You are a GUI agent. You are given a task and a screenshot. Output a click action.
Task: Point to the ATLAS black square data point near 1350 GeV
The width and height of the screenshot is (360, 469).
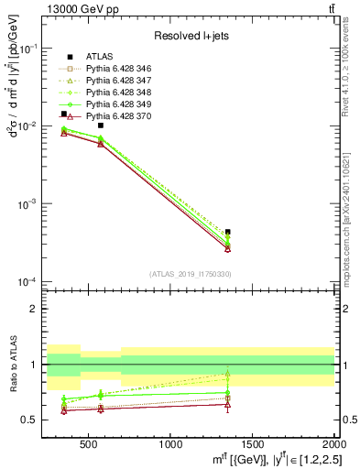point(228,232)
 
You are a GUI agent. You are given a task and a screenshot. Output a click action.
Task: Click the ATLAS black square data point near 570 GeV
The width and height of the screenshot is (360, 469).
point(101,125)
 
